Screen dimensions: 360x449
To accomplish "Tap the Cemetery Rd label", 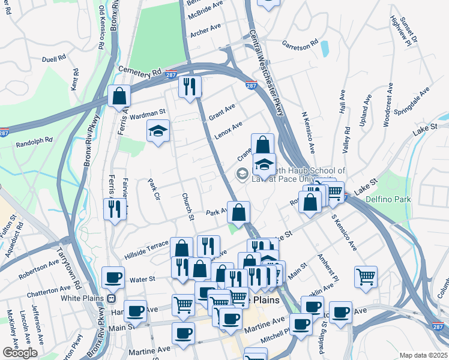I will click(140, 71).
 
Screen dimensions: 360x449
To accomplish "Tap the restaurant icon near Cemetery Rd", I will click(190, 87).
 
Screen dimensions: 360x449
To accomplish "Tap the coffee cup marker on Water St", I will click(113, 278).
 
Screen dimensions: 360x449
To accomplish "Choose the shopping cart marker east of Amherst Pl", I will click(366, 277).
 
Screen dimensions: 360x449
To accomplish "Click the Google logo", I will click(20, 353).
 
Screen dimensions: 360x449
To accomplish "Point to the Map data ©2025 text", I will click(423, 355).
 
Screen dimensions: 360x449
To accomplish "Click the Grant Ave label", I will click(221, 111).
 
